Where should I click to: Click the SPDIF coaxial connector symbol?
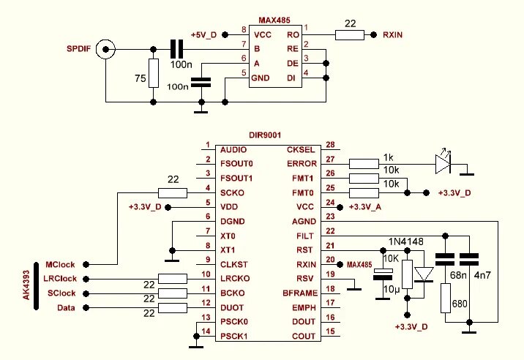[105, 50]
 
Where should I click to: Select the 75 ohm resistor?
[154, 73]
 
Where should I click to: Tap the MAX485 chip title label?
[274, 20]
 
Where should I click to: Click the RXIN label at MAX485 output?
[393, 35]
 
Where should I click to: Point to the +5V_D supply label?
[203, 35]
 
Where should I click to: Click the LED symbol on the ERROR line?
[443, 164]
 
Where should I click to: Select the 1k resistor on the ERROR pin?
[364, 164]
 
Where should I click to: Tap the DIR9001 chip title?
[265, 135]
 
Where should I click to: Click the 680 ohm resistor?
[446, 299]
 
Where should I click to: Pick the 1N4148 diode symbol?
[424, 274]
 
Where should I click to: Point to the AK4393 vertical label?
[27, 285]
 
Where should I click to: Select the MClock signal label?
[60, 265]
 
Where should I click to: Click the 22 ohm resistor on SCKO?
[173, 193]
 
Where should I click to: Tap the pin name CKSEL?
[301, 150]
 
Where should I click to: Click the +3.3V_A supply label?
[365, 207]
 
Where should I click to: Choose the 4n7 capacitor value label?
[482, 275]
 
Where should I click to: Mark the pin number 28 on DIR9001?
[330, 145]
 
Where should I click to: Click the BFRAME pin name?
[300, 293]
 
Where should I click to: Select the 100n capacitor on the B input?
[177, 50]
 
